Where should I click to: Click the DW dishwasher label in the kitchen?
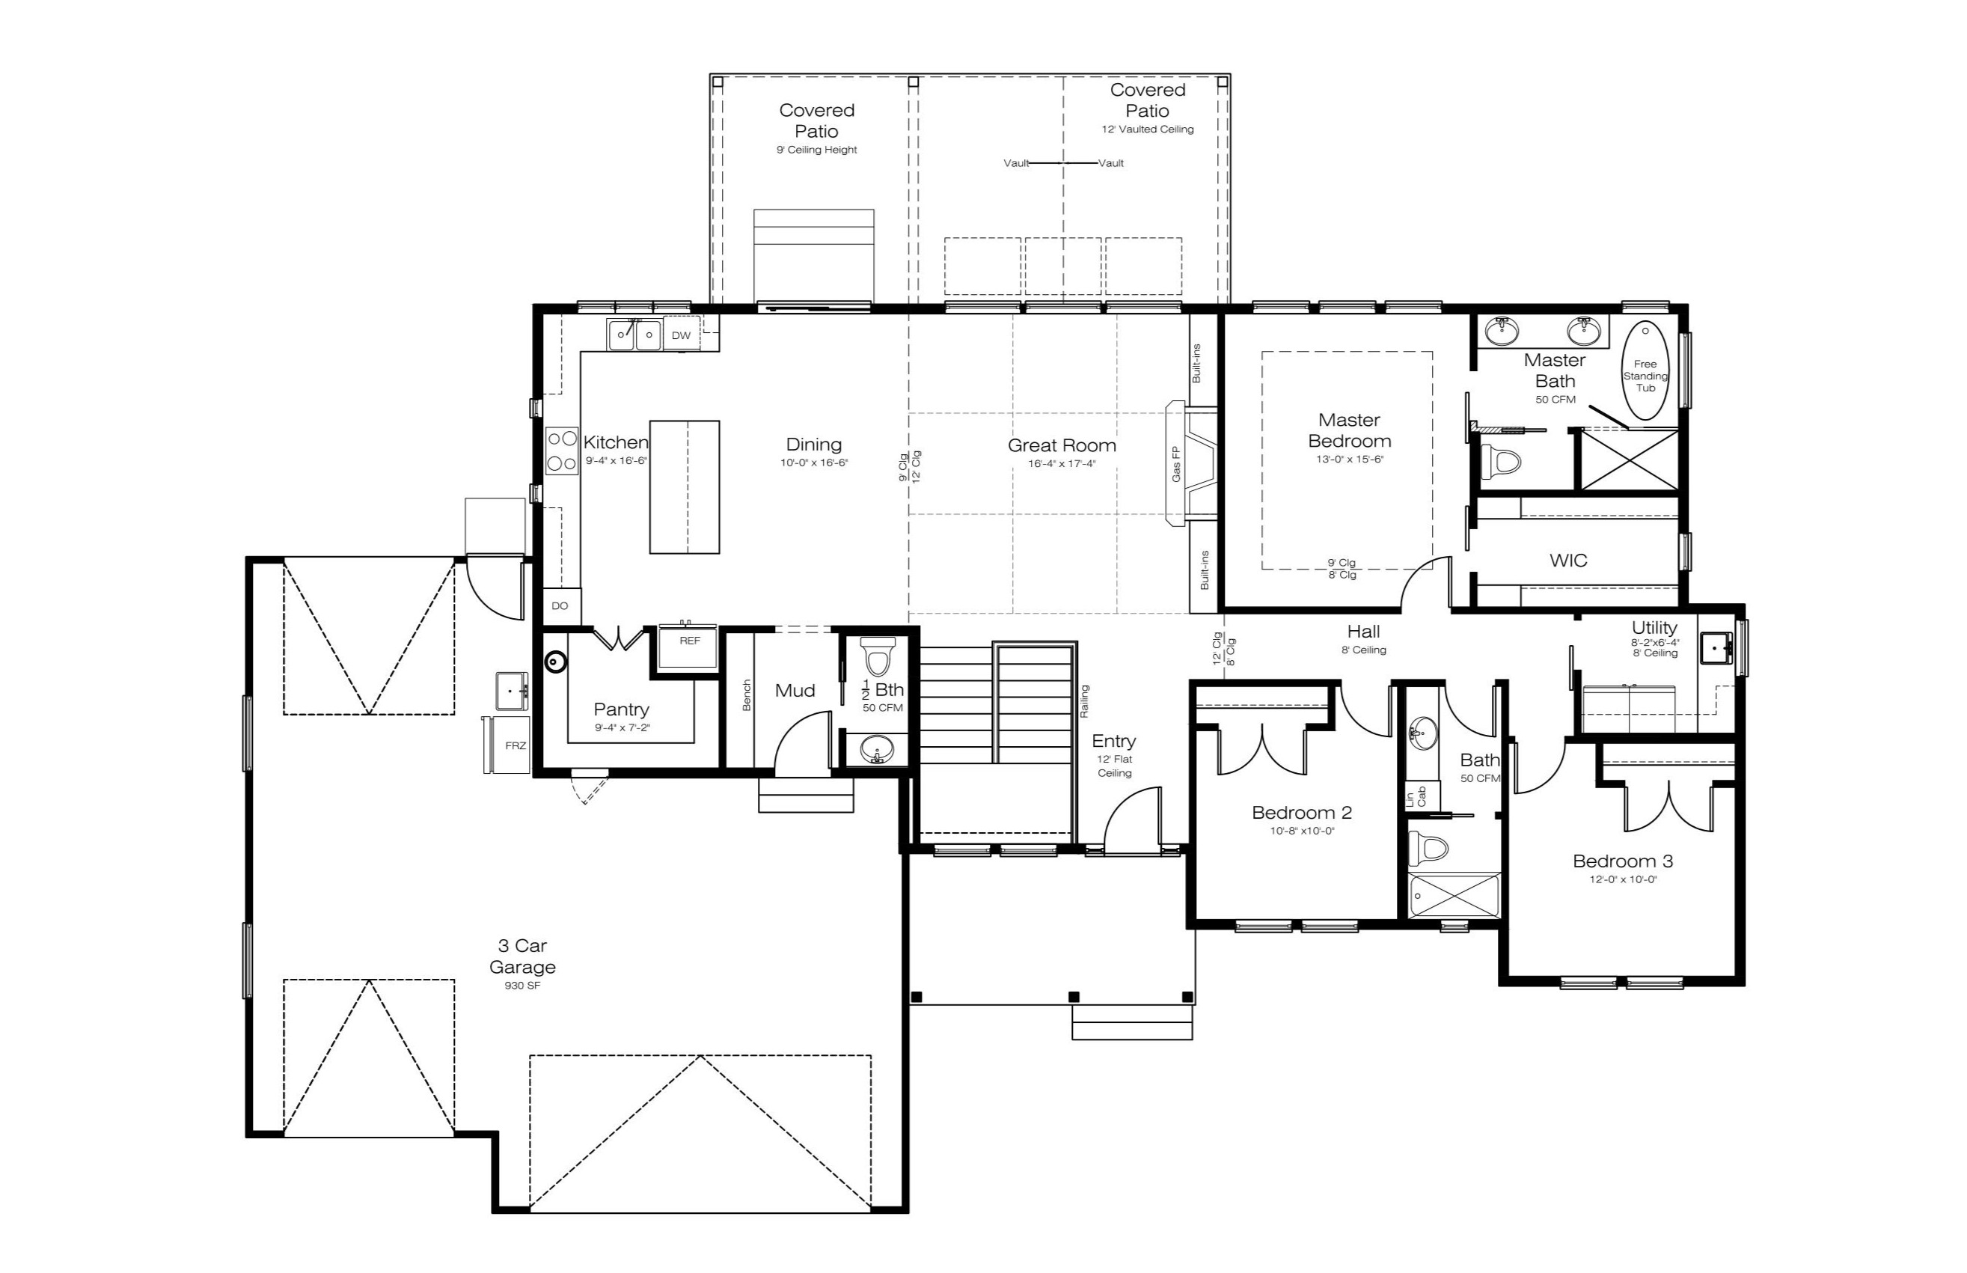681,335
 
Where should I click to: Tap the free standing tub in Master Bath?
1645,370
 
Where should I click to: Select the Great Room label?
1061,445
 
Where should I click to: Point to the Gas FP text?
1176,465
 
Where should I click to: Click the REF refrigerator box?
688,647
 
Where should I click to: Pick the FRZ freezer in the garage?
507,745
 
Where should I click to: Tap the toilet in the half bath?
878,656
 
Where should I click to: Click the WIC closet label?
1567,561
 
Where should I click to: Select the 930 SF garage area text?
522,986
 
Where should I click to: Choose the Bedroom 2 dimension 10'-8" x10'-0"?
1303,831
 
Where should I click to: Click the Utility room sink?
1716,647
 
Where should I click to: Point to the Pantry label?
622,709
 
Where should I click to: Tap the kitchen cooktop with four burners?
562,451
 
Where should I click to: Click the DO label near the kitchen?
560,606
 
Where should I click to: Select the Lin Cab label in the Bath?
1416,797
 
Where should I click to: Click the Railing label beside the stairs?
1084,701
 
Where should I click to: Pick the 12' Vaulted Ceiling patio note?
1147,129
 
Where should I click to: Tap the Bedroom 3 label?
1622,861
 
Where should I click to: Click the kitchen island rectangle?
685,487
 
